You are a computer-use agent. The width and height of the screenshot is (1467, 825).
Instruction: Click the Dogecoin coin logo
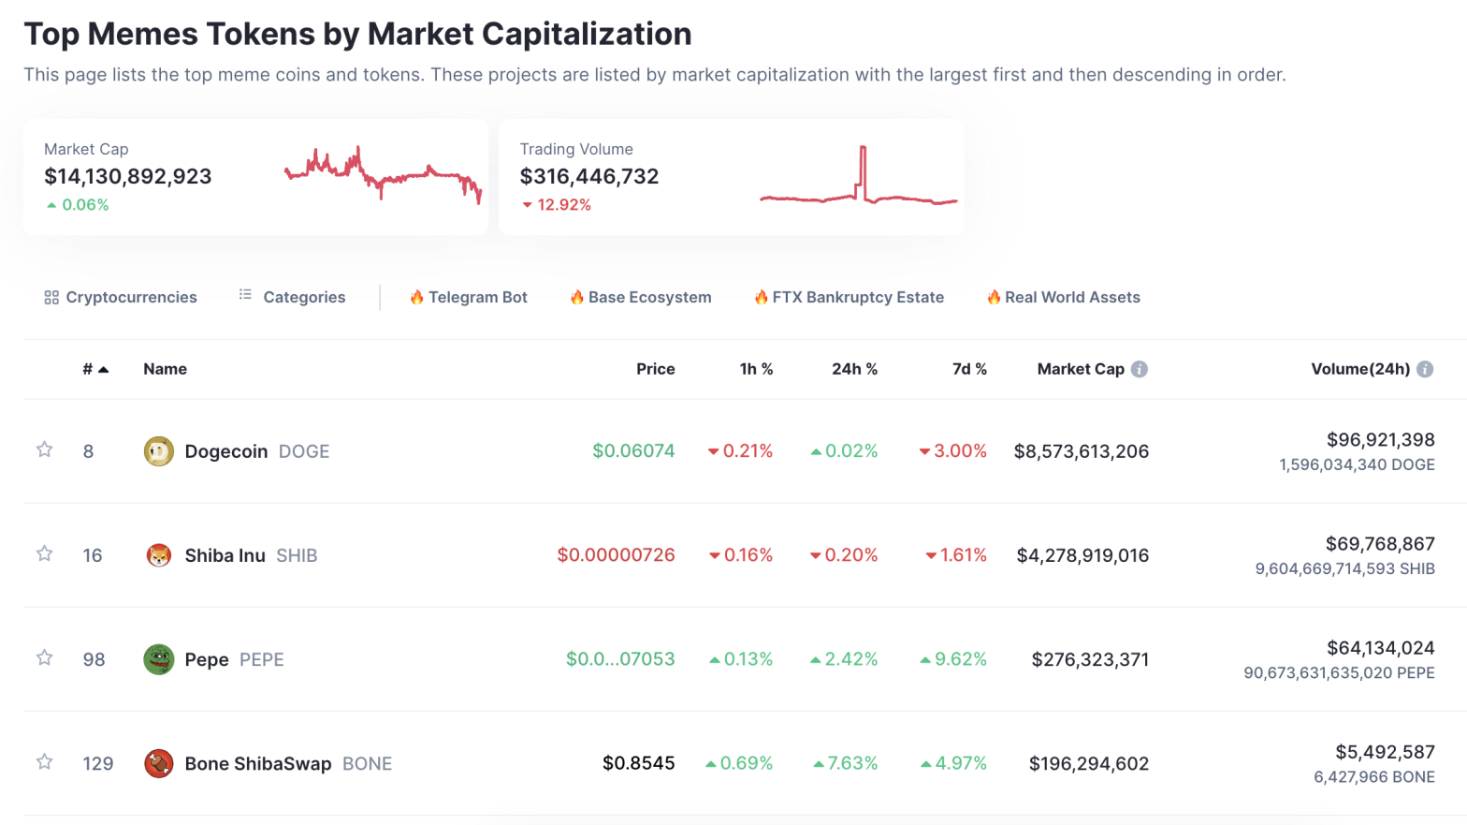158,451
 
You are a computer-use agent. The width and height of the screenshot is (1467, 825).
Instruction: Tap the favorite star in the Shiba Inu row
44,554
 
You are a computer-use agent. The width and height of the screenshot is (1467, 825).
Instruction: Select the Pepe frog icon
158,659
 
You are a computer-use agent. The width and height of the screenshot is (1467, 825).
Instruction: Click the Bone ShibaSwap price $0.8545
638,763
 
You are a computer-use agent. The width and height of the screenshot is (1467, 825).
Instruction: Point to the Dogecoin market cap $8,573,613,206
1081,451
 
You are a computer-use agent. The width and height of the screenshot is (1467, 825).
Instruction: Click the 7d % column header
969,369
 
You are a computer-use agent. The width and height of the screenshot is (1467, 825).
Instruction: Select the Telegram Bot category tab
469,297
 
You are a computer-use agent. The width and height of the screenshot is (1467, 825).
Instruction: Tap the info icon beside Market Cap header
1140,369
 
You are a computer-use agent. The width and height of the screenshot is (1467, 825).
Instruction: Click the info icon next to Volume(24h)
1425,369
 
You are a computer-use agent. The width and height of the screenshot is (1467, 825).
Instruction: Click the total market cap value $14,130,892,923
128,176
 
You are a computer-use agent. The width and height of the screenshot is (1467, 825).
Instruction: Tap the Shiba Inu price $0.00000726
616,555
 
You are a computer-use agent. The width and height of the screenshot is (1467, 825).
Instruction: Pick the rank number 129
98,763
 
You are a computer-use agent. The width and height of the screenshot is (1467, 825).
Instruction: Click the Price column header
655,369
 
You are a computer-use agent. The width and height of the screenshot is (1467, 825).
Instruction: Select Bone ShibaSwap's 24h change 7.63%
846,763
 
